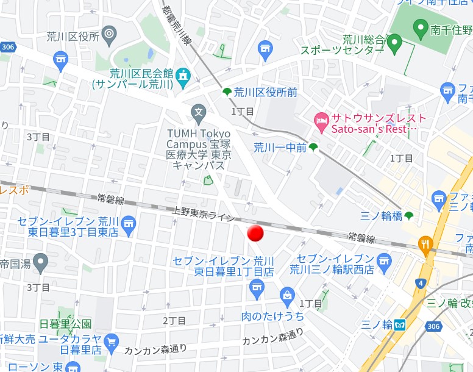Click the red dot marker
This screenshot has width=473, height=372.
[x=255, y=233]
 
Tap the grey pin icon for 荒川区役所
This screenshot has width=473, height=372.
[x=110, y=34]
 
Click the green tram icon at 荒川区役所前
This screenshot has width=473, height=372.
[x=227, y=92]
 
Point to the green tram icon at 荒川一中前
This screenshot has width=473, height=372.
[x=313, y=147]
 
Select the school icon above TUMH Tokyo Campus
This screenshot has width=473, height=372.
[x=198, y=112]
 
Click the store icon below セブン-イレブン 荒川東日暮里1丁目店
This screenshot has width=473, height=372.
[x=257, y=285]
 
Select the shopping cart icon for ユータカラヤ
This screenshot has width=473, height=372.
[x=111, y=342]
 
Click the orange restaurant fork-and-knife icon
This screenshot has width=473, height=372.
[x=425, y=245]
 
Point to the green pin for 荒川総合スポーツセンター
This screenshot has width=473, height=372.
[x=394, y=43]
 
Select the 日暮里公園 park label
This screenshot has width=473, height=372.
[x=65, y=323]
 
